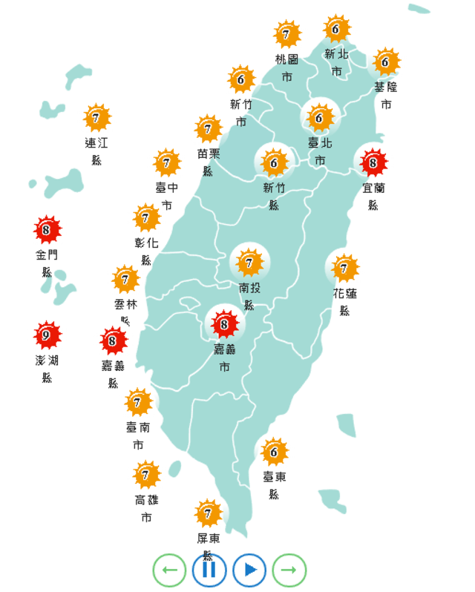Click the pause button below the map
209,570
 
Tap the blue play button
249,570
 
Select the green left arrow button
169,570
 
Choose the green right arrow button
289,570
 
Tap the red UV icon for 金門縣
47,231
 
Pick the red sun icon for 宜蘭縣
373,161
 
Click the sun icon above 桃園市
286,35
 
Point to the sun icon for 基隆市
385,62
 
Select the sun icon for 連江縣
96,117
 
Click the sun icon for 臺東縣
274,452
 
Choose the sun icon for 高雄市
146,475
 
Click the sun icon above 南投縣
249,262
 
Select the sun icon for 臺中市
166,162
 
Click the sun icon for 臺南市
138,403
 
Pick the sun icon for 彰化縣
146,218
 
